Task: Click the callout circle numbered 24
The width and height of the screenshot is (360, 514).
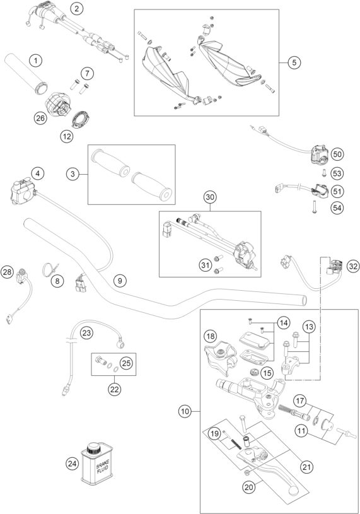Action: pos(72,464)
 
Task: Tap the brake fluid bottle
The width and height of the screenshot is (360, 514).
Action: pos(97,464)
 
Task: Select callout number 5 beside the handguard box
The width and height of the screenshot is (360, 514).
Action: pos(294,62)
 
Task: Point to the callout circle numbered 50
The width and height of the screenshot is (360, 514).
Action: pos(337,154)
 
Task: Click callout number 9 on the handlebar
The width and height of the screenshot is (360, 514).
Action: pos(120,281)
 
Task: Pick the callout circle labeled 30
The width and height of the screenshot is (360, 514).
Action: pos(210,197)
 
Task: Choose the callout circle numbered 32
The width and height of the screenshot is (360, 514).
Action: pos(353,266)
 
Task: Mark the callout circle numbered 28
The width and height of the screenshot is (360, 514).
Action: pos(7,272)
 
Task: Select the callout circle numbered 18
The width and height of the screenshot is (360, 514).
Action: pos(211,336)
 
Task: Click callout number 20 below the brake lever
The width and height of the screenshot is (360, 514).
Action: pos(249,487)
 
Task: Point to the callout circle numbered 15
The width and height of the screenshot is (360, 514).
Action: pos(267,373)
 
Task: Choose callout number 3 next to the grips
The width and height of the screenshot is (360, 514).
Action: pos(73,173)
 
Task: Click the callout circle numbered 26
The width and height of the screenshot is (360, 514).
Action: pos(40,118)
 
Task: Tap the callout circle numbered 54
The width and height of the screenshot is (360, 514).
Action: pos(337,207)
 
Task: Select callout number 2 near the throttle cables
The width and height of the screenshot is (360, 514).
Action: pos(77,9)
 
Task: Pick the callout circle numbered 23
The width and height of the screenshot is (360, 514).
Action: pos(86,334)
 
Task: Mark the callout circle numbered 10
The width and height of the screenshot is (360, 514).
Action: pos(185,411)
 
